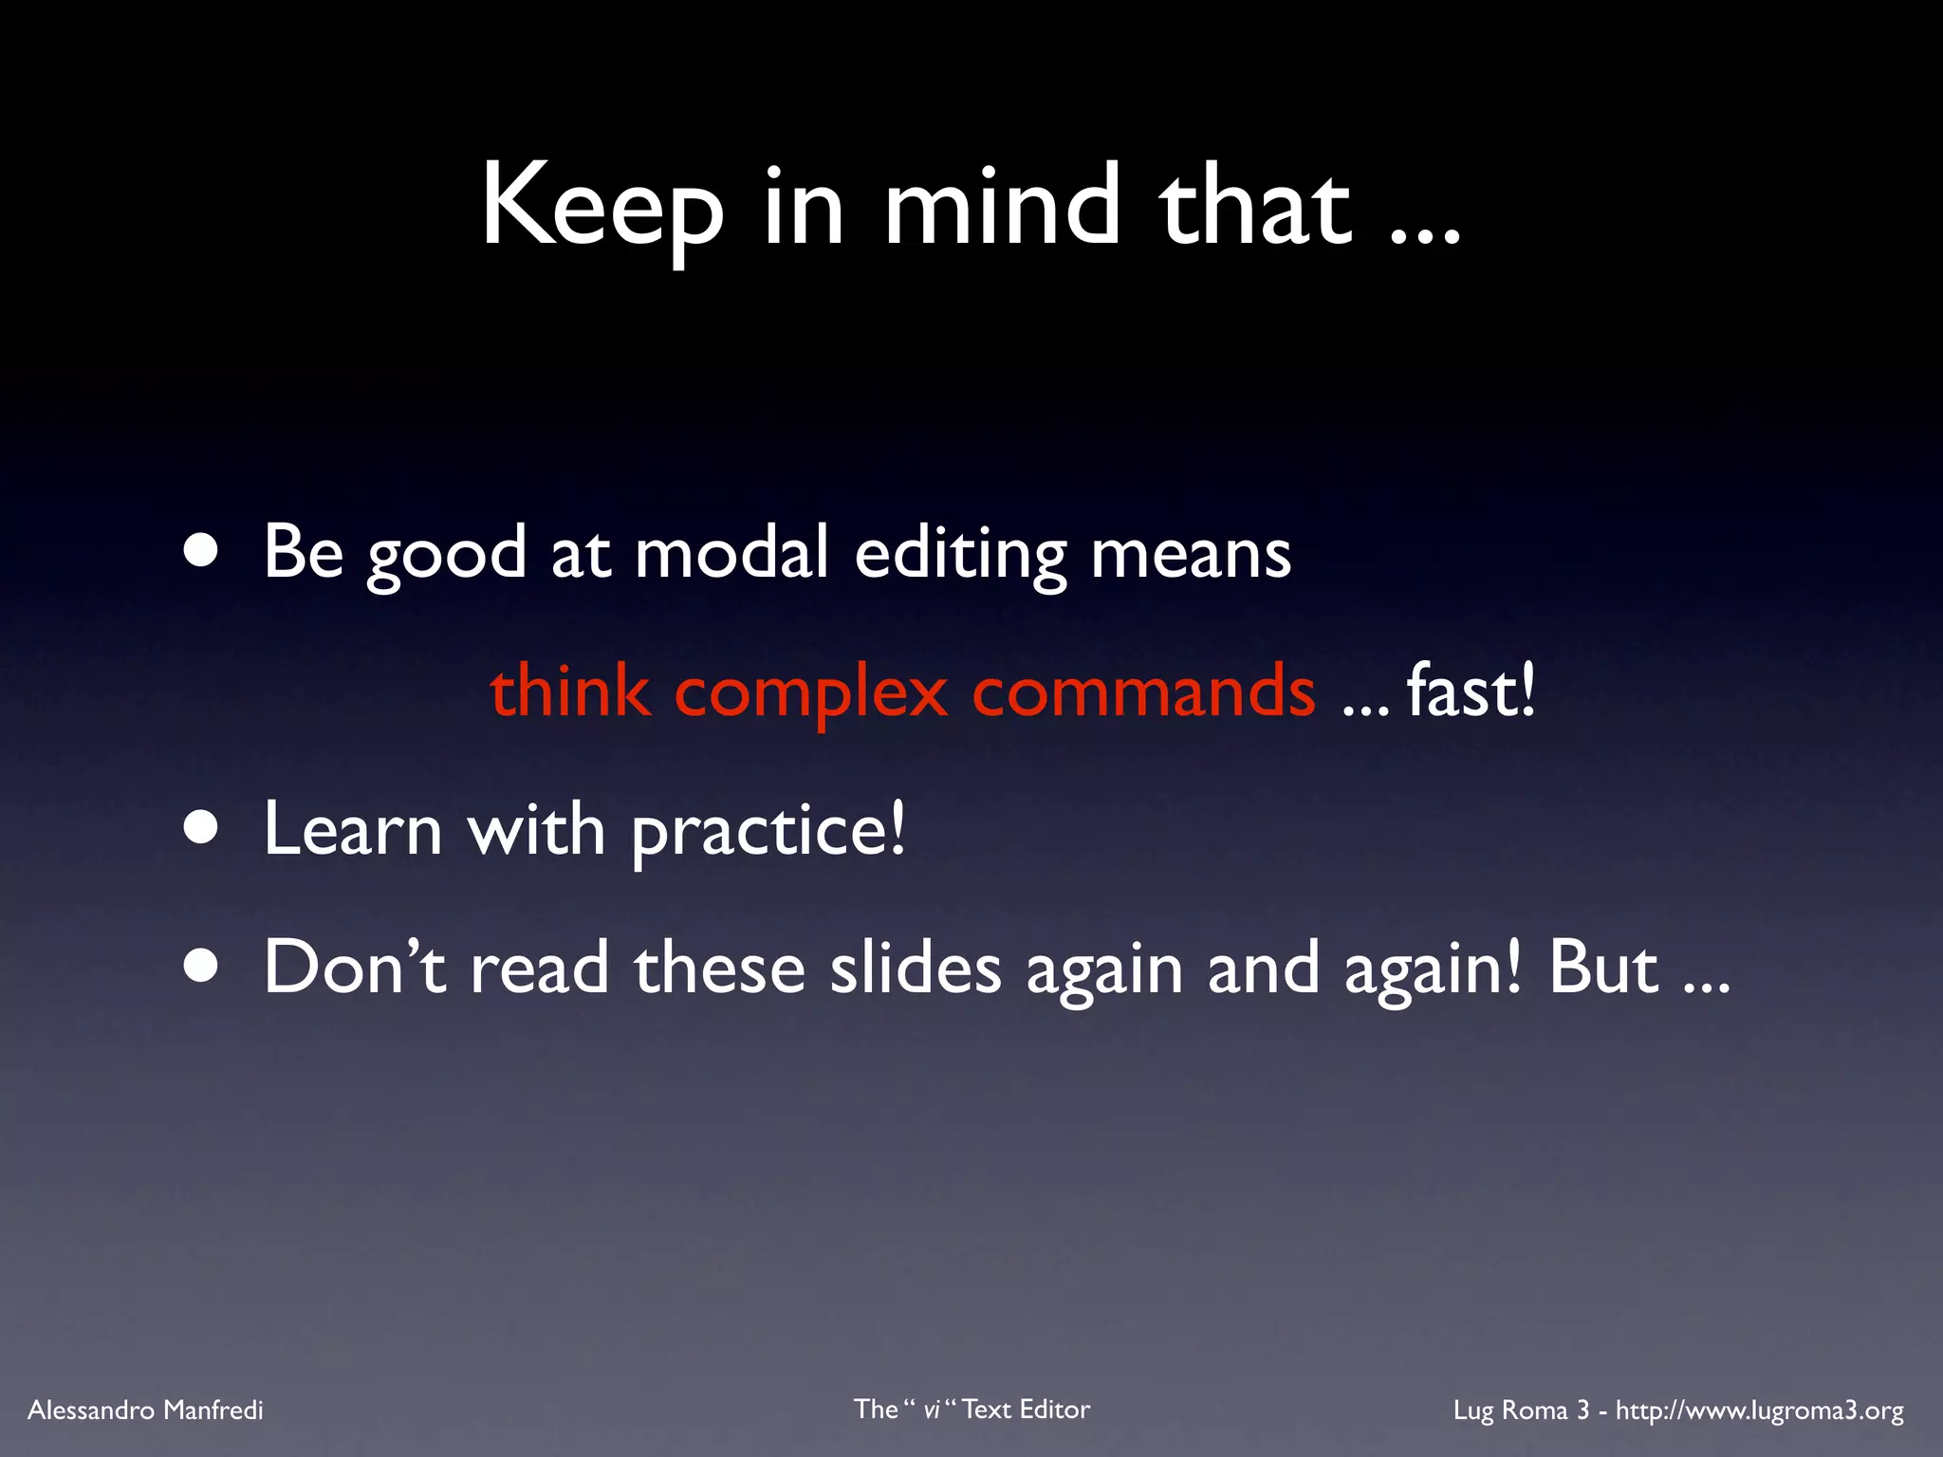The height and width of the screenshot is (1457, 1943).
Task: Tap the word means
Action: (1191, 554)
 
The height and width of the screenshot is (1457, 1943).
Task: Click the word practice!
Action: (768, 831)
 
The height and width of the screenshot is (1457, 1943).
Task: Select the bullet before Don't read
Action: (201, 968)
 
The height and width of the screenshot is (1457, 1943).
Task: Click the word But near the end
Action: (1603, 968)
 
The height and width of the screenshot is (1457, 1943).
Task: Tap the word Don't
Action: (355, 968)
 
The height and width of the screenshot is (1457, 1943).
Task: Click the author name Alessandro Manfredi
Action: (146, 1411)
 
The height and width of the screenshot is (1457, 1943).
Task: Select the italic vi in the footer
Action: (932, 1411)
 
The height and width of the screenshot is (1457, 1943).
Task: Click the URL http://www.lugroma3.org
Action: (1759, 1411)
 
